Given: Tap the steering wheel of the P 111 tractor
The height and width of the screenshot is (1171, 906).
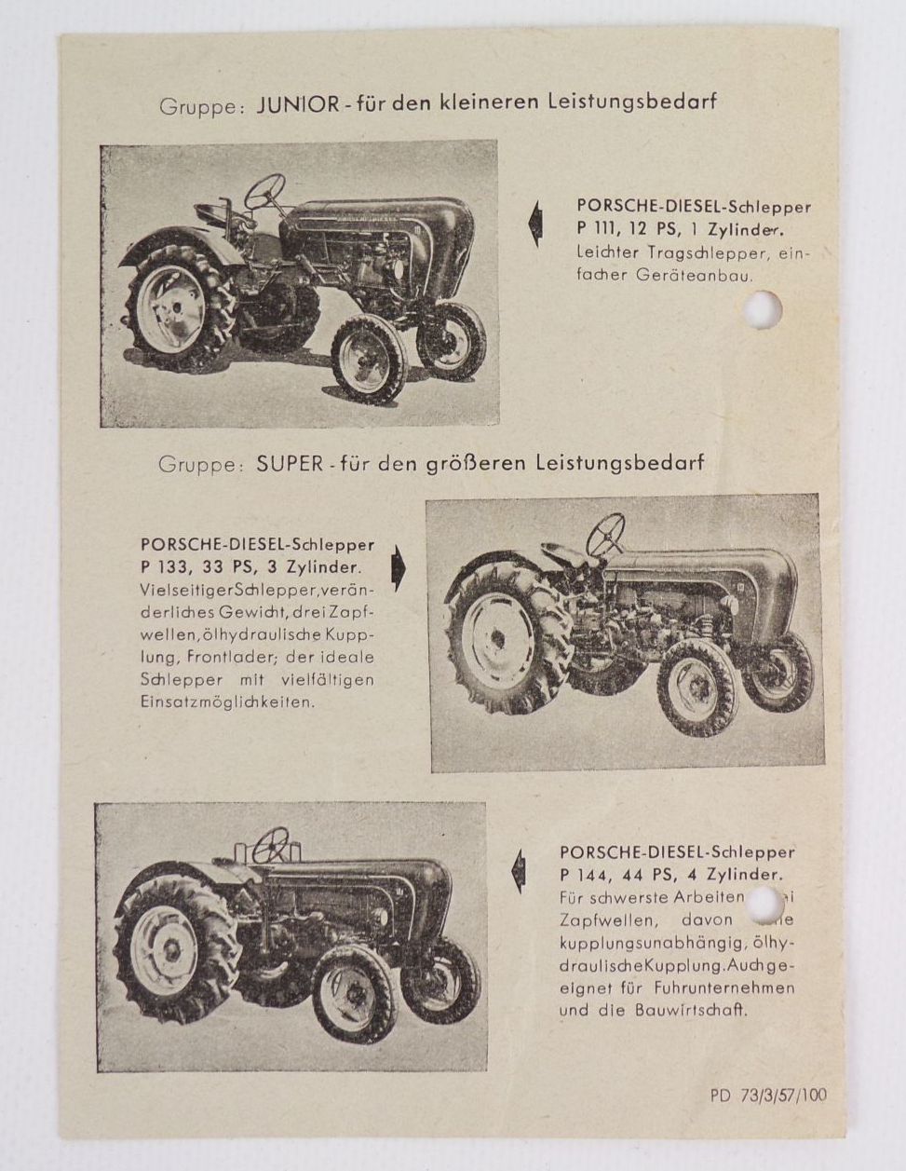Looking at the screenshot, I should pyautogui.click(x=266, y=192).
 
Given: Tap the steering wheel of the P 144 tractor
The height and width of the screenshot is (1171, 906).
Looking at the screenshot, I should pyautogui.click(x=271, y=845).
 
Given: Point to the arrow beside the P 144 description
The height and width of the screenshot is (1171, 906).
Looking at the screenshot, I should pyautogui.click(x=518, y=872).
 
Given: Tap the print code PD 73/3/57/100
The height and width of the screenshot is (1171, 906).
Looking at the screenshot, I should pyautogui.click(x=767, y=1096).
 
